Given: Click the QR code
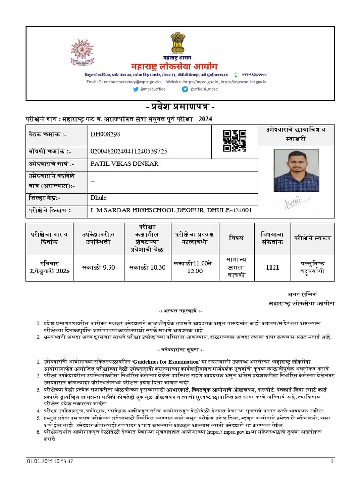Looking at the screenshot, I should pos(234,140).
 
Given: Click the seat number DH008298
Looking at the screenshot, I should pos(105,134).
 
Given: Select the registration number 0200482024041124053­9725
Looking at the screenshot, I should pos(128,151).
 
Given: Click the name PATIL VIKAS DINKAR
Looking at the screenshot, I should pos(124,164).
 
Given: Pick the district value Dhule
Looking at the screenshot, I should pos(98,198).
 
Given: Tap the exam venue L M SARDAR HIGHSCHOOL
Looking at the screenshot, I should pos(172,210).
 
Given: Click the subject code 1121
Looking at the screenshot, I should pos(273,267).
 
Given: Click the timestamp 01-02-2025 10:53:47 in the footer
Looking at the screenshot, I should pos(50,462).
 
